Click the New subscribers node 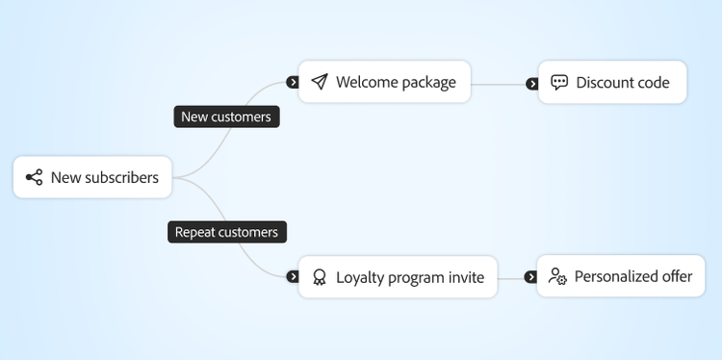click(92, 177)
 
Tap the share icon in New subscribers click(34, 177)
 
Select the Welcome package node click(384, 82)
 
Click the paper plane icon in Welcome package click(320, 82)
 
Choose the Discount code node click(612, 83)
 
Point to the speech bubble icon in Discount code click(559, 83)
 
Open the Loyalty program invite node click(398, 277)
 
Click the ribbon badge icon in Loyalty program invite click(320, 277)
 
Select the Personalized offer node click(620, 276)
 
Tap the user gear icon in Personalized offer click(557, 276)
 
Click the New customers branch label click(226, 116)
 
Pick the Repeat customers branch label click(226, 232)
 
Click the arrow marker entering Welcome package click(293, 83)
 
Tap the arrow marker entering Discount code click(531, 84)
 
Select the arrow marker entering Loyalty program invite click(293, 277)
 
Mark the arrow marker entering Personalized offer click(530, 277)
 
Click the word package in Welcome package click(424, 83)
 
